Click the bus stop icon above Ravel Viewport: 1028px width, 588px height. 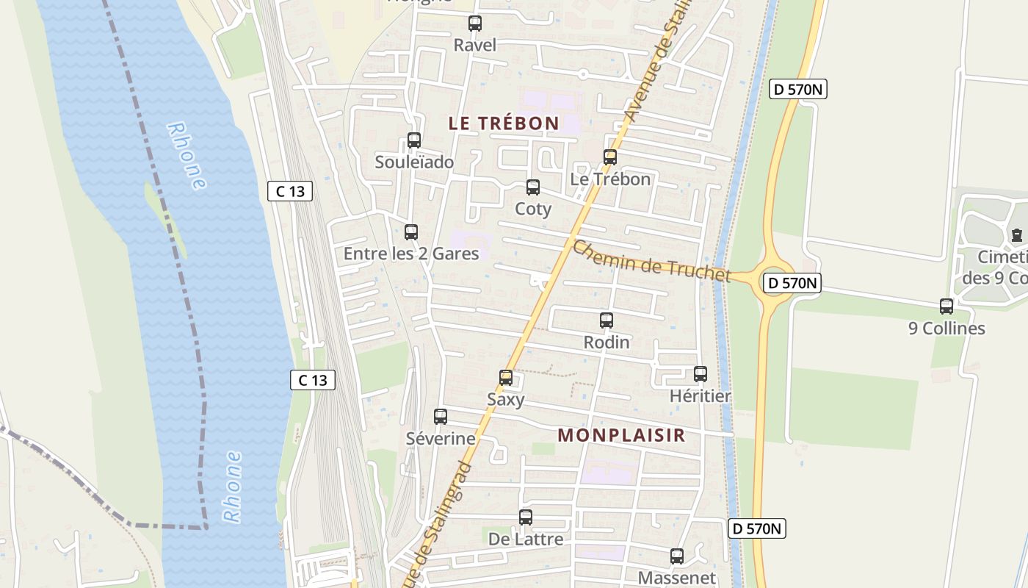tap(475, 24)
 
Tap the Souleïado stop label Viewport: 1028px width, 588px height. tap(414, 162)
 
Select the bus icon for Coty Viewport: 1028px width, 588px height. tap(533, 187)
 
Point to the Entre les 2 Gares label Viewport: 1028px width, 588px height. tap(411, 254)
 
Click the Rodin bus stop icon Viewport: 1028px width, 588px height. tap(607, 320)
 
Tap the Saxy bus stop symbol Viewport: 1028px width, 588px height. tap(506, 378)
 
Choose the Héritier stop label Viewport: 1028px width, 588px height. tap(701, 396)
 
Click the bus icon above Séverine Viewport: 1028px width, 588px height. tap(441, 417)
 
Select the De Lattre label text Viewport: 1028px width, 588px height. tap(526, 539)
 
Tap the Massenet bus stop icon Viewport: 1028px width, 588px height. tap(677, 556)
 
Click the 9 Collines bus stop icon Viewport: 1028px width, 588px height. tap(946, 306)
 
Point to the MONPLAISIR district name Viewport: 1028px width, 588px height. tap(621, 435)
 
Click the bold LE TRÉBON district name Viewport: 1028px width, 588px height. tap(504, 123)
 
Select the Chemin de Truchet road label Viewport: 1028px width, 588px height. tap(652, 261)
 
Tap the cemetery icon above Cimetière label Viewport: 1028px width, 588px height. tap(1017, 235)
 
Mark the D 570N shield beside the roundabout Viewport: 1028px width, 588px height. tap(792, 283)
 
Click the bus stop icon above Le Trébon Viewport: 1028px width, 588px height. tap(610, 157)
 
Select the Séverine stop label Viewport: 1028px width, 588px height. tap(441, 439)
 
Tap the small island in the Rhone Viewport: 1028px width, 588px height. tap(166, 220)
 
